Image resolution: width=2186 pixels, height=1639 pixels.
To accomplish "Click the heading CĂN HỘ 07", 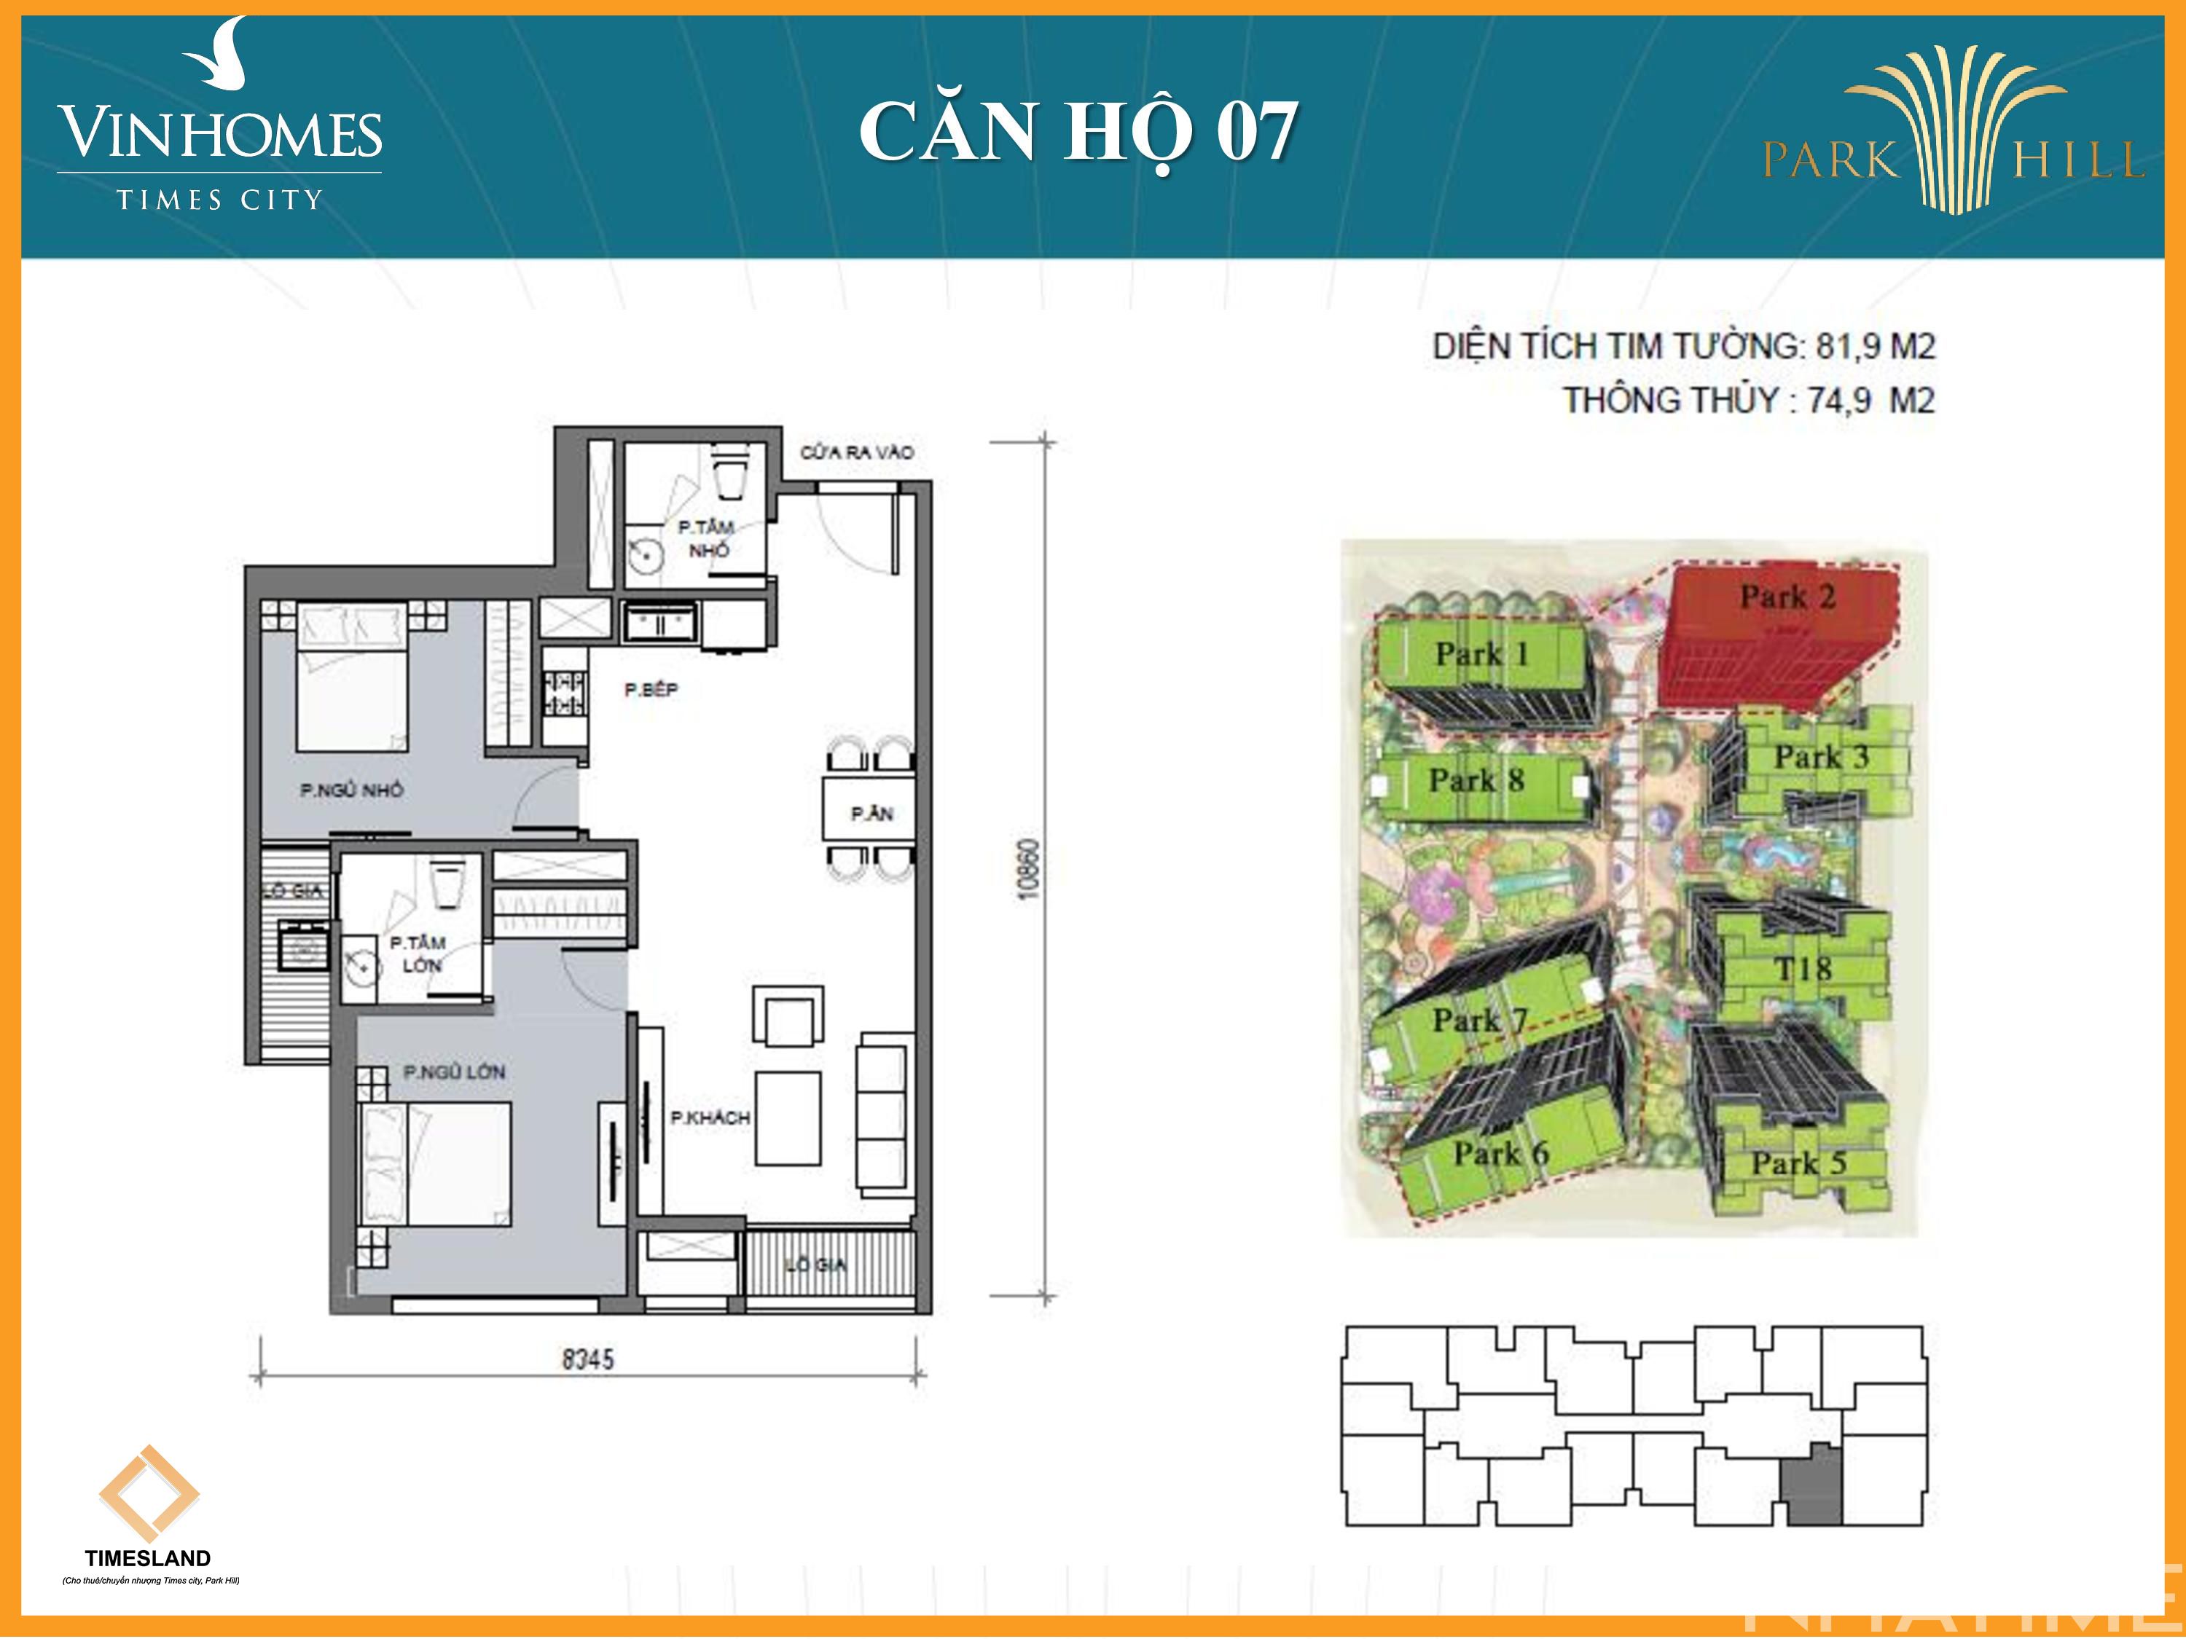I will (1077, 131).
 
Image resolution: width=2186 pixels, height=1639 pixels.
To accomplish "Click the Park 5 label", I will (1798, 1163).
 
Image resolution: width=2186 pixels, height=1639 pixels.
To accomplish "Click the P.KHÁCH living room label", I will (710, 1117).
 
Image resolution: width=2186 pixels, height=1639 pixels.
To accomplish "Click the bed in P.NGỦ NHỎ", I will (352, 682).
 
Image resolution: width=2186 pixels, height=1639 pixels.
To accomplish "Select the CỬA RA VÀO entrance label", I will (856, 452).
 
